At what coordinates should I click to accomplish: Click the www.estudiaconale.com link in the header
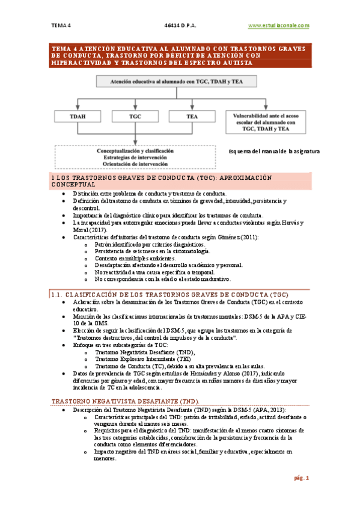pyautogui.click(x=278, y=25)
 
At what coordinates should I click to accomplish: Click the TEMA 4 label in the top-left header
pyautogui.click(x=61, y=25)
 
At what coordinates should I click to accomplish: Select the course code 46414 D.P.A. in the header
pyautogui.click(x=180, y=25)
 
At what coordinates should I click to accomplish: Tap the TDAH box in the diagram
pyautogui.click(x=77, y=116)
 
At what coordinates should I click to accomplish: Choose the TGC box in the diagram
pyautogui.click(x=135, y=116)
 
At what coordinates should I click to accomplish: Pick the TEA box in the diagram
pyautogui.click(x=192, y=116)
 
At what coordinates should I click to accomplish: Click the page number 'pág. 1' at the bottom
pyautogui.click(x=301, y=478)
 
